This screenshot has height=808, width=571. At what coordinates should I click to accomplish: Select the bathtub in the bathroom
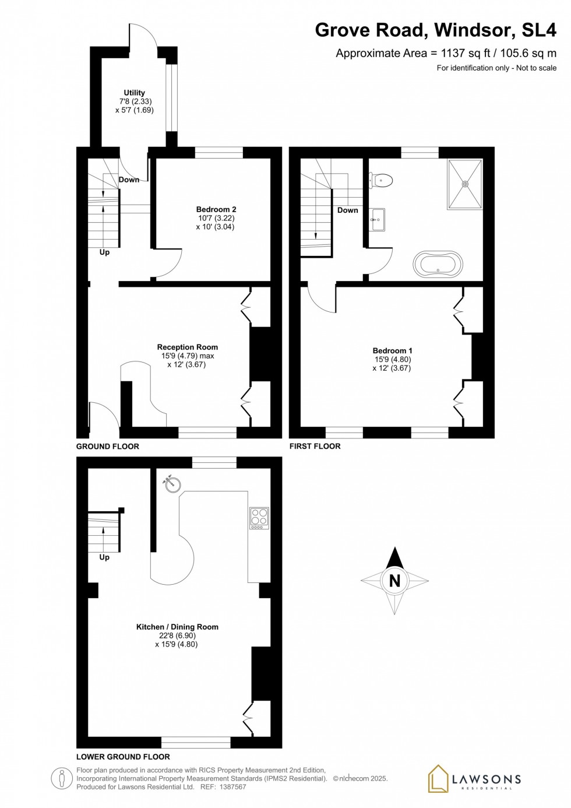click(438, 265)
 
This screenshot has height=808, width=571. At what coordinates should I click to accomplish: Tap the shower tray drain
click(465, 184)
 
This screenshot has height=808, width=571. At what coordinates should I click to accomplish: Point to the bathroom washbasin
click(377, 220)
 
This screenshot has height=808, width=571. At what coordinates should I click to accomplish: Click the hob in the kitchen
click(259, 517)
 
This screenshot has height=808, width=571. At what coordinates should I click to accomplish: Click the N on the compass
click(394, 581)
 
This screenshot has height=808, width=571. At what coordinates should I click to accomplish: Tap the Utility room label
click(134, 93)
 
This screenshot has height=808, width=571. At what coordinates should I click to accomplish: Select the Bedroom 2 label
click(216, 209)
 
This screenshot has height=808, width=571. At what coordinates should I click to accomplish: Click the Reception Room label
click(187, 347)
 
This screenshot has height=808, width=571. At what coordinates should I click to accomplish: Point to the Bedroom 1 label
click(392, 350)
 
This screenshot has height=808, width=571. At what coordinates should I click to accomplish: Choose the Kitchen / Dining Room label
click(177, 627)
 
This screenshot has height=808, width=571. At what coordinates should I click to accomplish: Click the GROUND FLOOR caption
click(108, 447)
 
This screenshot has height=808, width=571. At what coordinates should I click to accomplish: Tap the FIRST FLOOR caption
click(315, 447)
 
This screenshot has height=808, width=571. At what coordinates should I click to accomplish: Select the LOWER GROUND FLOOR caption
click(123, 757)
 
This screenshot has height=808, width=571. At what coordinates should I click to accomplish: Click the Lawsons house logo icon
click(438, 779)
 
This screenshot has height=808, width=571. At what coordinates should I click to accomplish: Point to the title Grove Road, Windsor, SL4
click(435, 30)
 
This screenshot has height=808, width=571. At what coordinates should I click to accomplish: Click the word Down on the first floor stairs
click(348, 210)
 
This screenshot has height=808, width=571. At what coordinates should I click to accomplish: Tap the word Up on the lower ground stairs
click(104, 557)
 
